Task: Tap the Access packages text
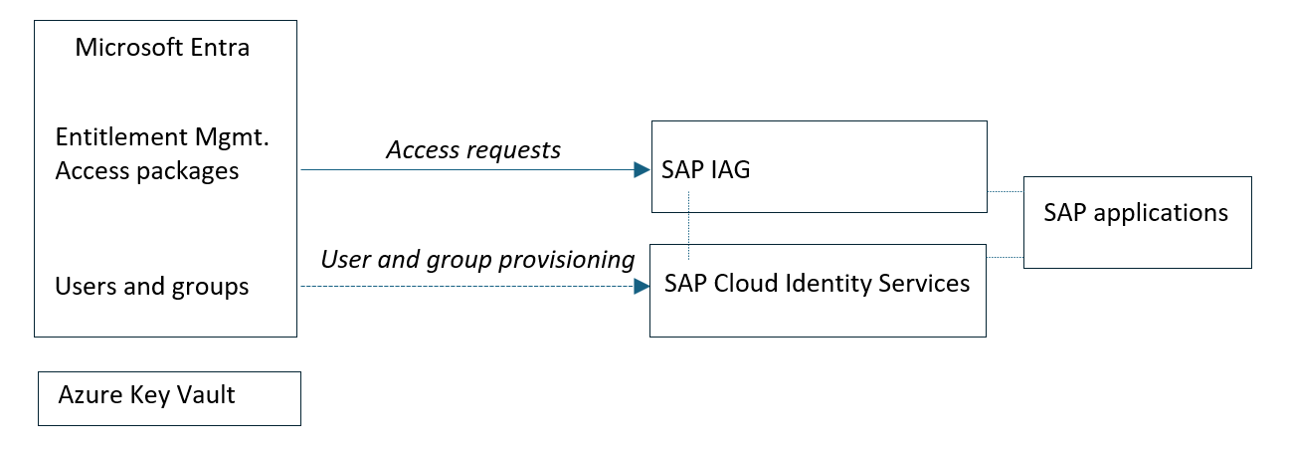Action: (x=147, y=171)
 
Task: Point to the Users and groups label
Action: (x=151, y=287)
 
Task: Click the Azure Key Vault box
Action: (x=168, y=398)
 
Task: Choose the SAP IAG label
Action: (x=705, y=170)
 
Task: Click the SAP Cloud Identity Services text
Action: (x=817, y=284)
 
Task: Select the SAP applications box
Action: (x=1137, y=222)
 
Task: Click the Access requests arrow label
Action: (x=473, y=150)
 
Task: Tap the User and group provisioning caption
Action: (x=477, y=260)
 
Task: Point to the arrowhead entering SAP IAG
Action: (x=641, y=170)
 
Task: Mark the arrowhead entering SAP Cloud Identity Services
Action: (x=640, y=287)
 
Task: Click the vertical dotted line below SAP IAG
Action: (x=688, y=227)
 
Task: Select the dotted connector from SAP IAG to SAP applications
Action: (x=1005, y=190)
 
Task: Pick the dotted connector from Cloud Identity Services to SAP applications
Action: (x=1005, y=257)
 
